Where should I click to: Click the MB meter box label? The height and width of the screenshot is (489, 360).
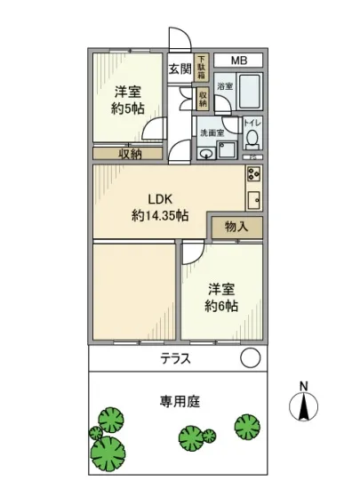(x=238, y=60)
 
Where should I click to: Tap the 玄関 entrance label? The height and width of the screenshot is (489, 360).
(x=179, y=68)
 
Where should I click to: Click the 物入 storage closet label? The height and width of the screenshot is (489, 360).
(x=236, y=227)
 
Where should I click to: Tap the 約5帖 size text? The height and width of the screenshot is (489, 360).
(x=129, y=108)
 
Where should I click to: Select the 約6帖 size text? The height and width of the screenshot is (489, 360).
(x=221, y=307)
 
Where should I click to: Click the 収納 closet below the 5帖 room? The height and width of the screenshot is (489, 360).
(x=130, y=153)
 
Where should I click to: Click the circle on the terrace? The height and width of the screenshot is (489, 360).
(x=251, y=358)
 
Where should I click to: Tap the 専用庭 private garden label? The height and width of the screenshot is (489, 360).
(x=181, y=402)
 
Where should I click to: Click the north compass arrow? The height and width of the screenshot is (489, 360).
(x=304, y=406)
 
